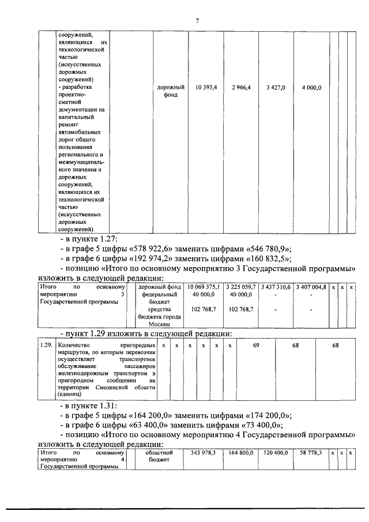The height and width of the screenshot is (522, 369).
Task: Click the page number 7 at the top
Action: click(197, 21)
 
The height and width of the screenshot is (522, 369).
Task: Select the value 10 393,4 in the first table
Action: click(206, 87)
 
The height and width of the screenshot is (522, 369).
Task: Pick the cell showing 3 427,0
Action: click(276, 87)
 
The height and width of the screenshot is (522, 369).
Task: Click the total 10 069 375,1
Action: click(204, 287)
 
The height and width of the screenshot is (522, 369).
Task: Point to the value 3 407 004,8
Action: click(311, 287)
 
